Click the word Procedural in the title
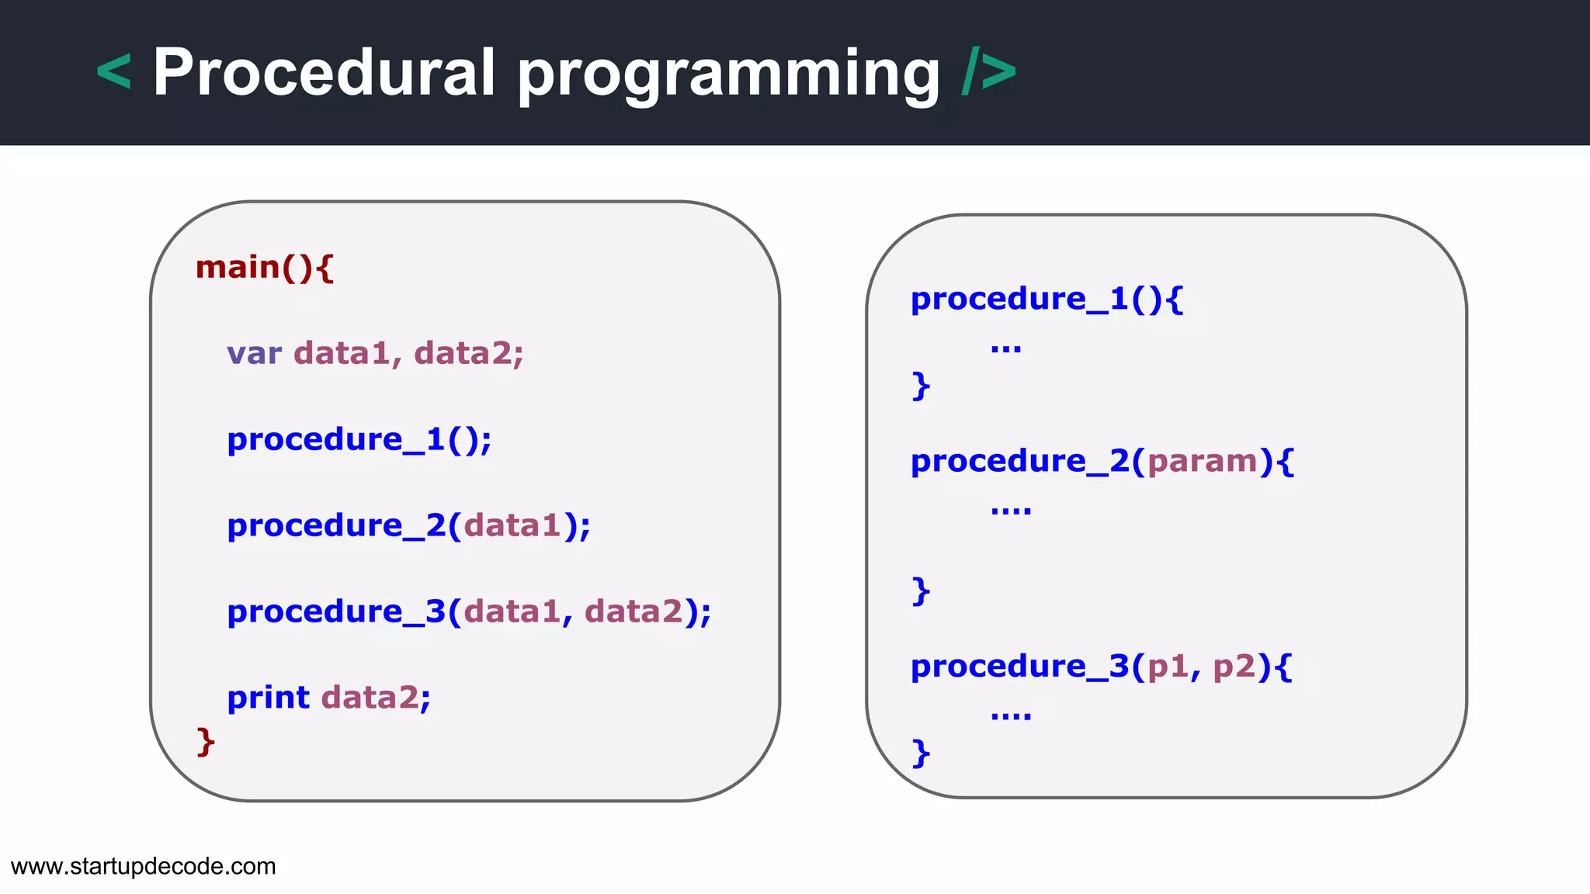324,73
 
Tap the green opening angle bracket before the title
113,73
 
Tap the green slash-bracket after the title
989,73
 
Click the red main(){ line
265,268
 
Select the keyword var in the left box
254,354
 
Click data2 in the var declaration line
463,354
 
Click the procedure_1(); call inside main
359,440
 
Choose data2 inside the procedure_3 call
634,612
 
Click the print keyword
268,698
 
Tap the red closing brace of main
206,742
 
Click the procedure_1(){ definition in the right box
1047,300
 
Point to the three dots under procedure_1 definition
1006,348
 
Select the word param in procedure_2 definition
1202,462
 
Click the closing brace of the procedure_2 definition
921,591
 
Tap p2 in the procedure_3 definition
1234,667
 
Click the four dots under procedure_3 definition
1011,716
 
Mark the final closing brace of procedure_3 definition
921,753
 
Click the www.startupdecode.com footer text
144,866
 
